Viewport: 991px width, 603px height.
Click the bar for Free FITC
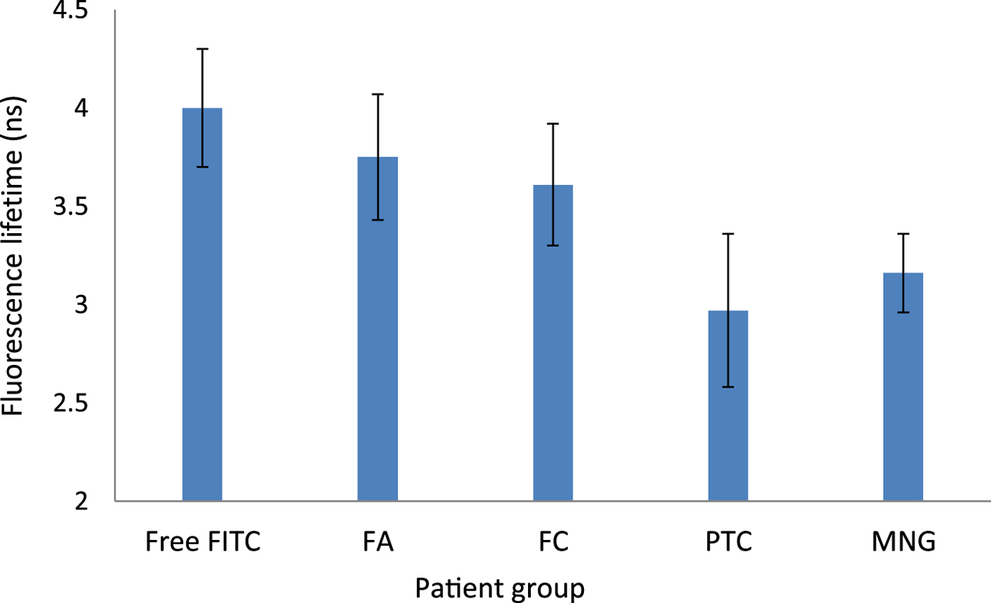(x=202, y=305)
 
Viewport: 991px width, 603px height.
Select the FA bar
(x=377, y=329)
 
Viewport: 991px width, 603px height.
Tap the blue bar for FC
(x=553, y=343)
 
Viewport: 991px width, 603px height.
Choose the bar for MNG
(x=903, y=387)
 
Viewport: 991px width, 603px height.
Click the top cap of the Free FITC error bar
(x=202, y=49)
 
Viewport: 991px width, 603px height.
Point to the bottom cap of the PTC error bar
(x=728, y=387)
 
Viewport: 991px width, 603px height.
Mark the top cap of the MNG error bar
(x=903, y=234)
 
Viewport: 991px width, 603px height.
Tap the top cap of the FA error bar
(x=377, y=94)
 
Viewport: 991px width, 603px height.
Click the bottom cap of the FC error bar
(x=553, y=245)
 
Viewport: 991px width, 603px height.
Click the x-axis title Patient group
(x=500, y=587)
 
